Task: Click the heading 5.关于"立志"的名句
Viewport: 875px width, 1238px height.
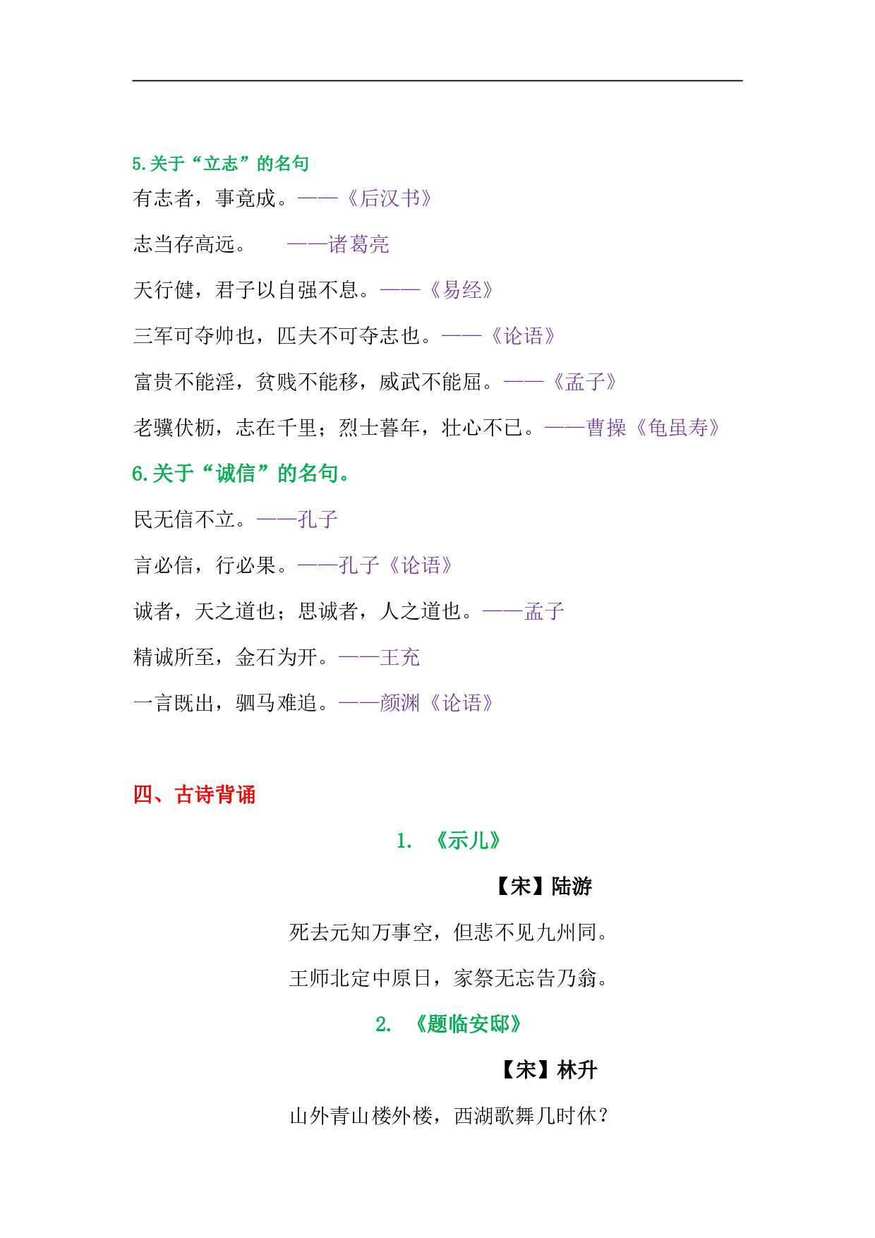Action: (220, 164)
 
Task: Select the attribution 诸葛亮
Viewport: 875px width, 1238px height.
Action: (359, 244)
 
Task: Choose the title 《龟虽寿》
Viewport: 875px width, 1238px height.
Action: (678, 428)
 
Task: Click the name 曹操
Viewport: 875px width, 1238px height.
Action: (606, 428)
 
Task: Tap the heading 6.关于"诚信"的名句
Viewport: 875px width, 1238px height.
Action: (240, 474)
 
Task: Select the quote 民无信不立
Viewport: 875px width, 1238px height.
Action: (185, 519)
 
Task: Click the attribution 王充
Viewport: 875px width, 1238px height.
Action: (400, 657)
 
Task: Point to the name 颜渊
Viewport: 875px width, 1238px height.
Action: (400, 703)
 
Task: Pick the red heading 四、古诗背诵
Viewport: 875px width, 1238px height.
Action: (194, 795)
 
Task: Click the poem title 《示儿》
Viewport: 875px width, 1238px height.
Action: (469, 841)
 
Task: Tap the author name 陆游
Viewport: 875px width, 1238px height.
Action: (572, 887)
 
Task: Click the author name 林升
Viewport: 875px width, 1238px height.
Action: (577, 1070)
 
